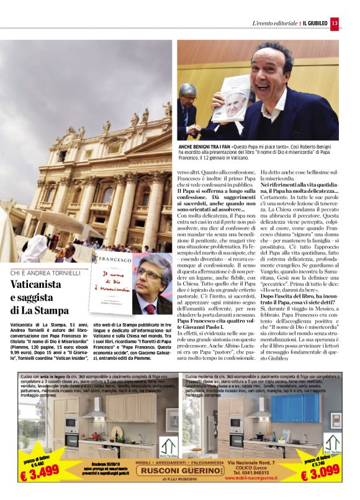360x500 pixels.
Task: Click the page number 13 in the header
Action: tap(335, 24)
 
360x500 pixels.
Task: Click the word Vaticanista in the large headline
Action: tap(38, 286)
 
